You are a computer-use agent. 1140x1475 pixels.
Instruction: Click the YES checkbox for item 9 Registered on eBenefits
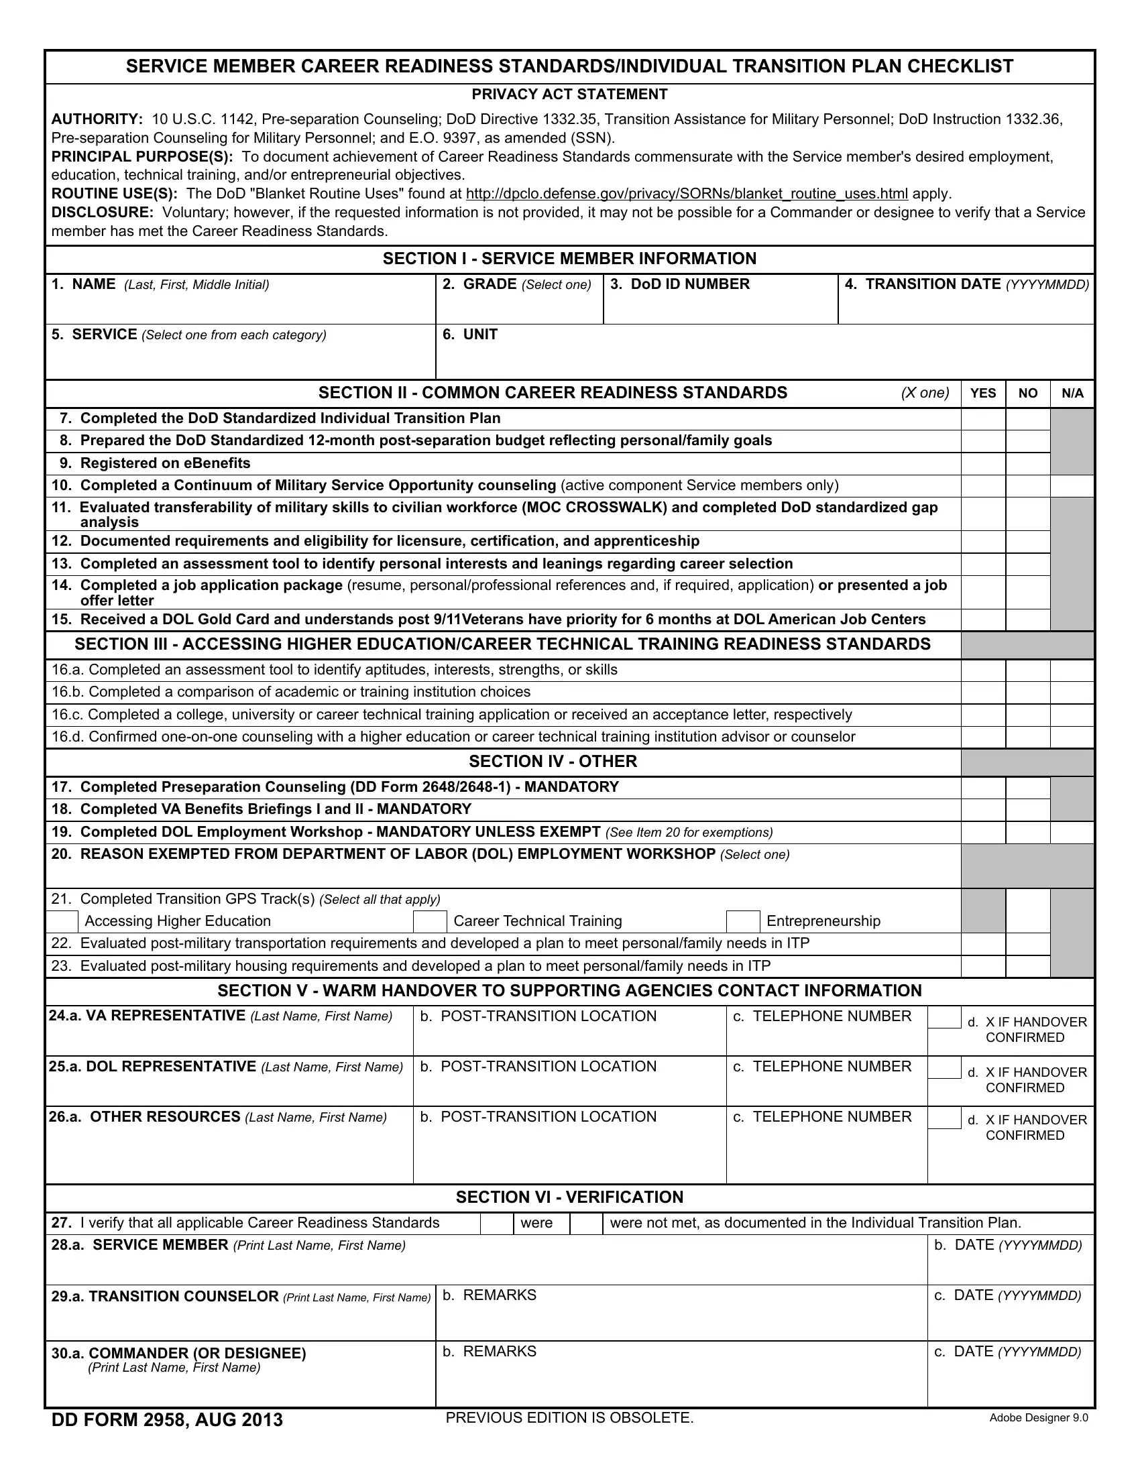click(x=982, y=463)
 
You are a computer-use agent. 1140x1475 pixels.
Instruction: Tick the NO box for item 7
click(x=1027, y=419)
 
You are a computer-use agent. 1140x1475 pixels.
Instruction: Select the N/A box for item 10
click(x=1072, y=485)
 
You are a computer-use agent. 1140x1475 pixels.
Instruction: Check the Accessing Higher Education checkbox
click(x=62, y=921)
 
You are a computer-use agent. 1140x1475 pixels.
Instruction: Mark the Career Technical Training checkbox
click(x=431, y=921)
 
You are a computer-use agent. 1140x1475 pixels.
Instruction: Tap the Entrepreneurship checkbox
click(x=743, y=921)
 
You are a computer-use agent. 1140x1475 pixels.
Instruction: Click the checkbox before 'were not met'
click(x=586, y=1223)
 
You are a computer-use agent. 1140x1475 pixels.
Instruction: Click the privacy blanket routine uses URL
click(x=687, y=194)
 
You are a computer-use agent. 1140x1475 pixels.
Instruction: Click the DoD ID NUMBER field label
click(x=679, y=284)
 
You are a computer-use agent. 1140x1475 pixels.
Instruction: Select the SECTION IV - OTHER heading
click(x=553, y=762)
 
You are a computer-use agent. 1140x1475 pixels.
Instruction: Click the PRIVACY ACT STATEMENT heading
click(x=569, y=95)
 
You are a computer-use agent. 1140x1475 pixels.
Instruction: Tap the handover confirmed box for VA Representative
click(x=944, y=1018)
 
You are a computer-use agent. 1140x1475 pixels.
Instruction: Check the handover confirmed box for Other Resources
click(x=944, y=1118)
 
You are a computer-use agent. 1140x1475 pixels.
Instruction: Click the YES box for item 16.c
click(x=982, y=715)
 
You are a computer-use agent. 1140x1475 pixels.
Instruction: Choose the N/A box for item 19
click(x=1072, y=832)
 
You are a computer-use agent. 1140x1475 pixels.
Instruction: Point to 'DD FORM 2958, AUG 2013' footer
click(x=167, y=1419)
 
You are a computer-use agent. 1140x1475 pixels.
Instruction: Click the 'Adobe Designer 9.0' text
click(x=1038, y=1417)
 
